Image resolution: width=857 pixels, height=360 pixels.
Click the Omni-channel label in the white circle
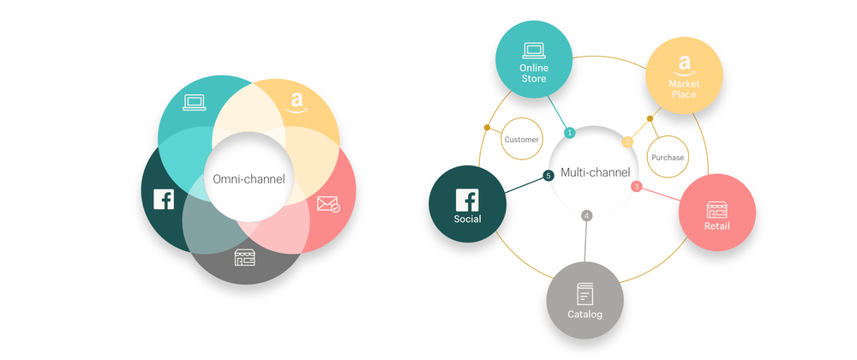coord(249,178)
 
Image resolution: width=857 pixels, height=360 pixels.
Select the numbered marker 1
coord(570,132)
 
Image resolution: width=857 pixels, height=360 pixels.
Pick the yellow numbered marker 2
coord(628,142)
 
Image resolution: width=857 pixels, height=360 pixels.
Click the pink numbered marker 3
coord(636,186)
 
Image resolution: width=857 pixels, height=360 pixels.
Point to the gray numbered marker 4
coord(586,216)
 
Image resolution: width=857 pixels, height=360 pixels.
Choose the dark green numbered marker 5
coord(548,176)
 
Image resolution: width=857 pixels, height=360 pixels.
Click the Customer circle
coord(521,140)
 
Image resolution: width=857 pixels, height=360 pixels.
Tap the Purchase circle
coord(668,158)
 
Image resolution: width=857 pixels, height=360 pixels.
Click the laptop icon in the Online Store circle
coord(533,51)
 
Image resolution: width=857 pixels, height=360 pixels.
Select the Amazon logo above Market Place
coord(684,65)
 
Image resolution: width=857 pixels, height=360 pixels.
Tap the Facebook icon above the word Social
coord(467,200)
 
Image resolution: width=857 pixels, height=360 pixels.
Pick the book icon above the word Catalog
coord(584,295)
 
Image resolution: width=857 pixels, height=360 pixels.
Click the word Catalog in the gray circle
coord(584,315)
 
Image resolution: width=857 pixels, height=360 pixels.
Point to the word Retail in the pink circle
coord(716,226)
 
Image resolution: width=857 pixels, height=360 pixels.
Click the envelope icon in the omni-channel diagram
coord(328,204)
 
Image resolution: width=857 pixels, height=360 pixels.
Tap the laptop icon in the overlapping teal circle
coord(194,103)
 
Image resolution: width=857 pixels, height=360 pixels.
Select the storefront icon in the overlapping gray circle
coord(245,257)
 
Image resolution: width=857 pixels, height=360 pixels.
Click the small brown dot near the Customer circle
coord(487,128)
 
